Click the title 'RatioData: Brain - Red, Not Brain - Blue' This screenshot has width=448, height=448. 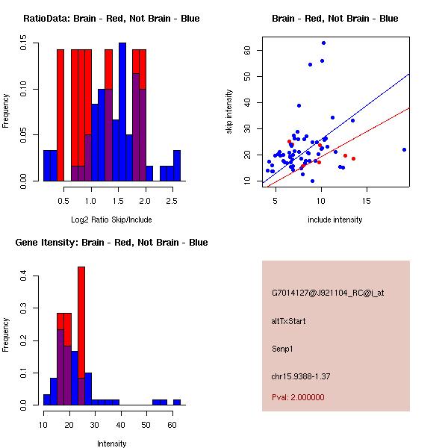(x=111, y=19)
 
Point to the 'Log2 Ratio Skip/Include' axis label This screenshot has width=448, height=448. (x=111, y=220)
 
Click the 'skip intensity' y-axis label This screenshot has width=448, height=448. (x=230, y=112)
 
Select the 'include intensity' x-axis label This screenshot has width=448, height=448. (x=335, y=220)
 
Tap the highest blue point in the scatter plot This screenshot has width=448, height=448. (x=323, y=43)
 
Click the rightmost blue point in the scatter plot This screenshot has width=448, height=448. (x=404, y=149)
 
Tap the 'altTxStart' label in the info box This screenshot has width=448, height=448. (x=289, y=322)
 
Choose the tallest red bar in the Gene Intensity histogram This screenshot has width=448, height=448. (x=81, y=336)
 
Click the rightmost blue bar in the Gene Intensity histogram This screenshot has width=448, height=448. (x=177, y=402)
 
